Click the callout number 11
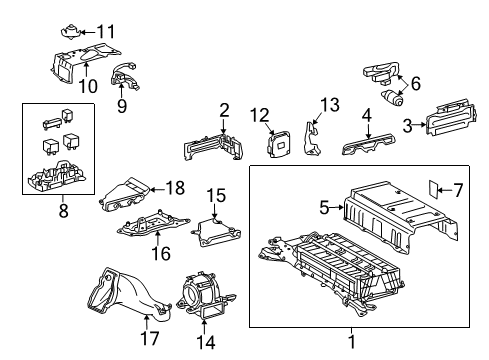point(106,31)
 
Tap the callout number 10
point(88,86)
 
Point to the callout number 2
point(225,111)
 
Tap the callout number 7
point(458,190)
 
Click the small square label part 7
point(435,189)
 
